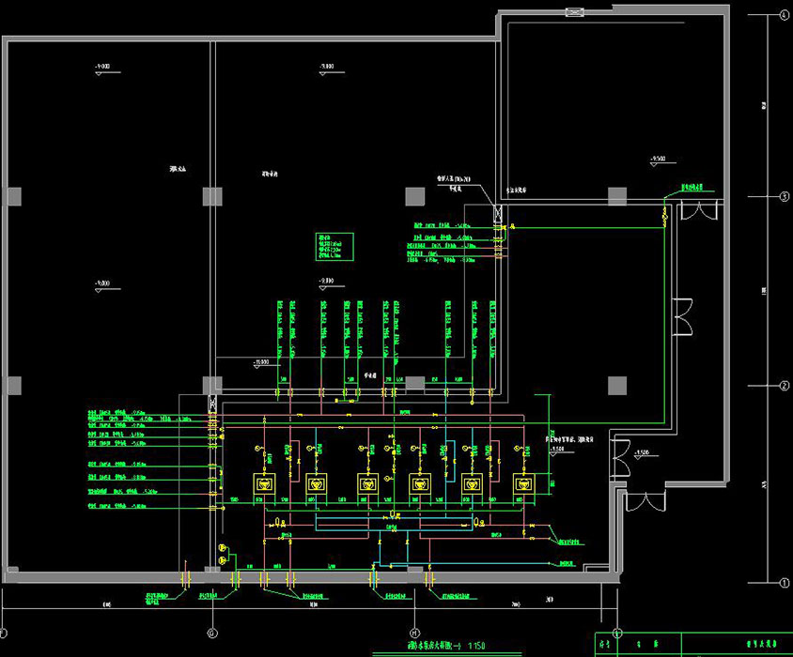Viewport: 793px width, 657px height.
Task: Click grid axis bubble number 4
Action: coord(782,15)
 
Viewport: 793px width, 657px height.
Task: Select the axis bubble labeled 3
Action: coord(782,196)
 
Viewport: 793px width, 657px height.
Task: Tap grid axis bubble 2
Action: coord(782,386)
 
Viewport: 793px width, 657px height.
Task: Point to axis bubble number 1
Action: coord(782,582)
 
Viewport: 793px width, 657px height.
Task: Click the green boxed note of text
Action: coord(334,246)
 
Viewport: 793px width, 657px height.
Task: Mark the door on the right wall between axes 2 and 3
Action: coord(683,317)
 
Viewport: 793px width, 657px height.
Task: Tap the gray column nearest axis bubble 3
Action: coord(617,196)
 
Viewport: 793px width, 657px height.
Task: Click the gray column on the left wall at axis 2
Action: coord(13,386)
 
